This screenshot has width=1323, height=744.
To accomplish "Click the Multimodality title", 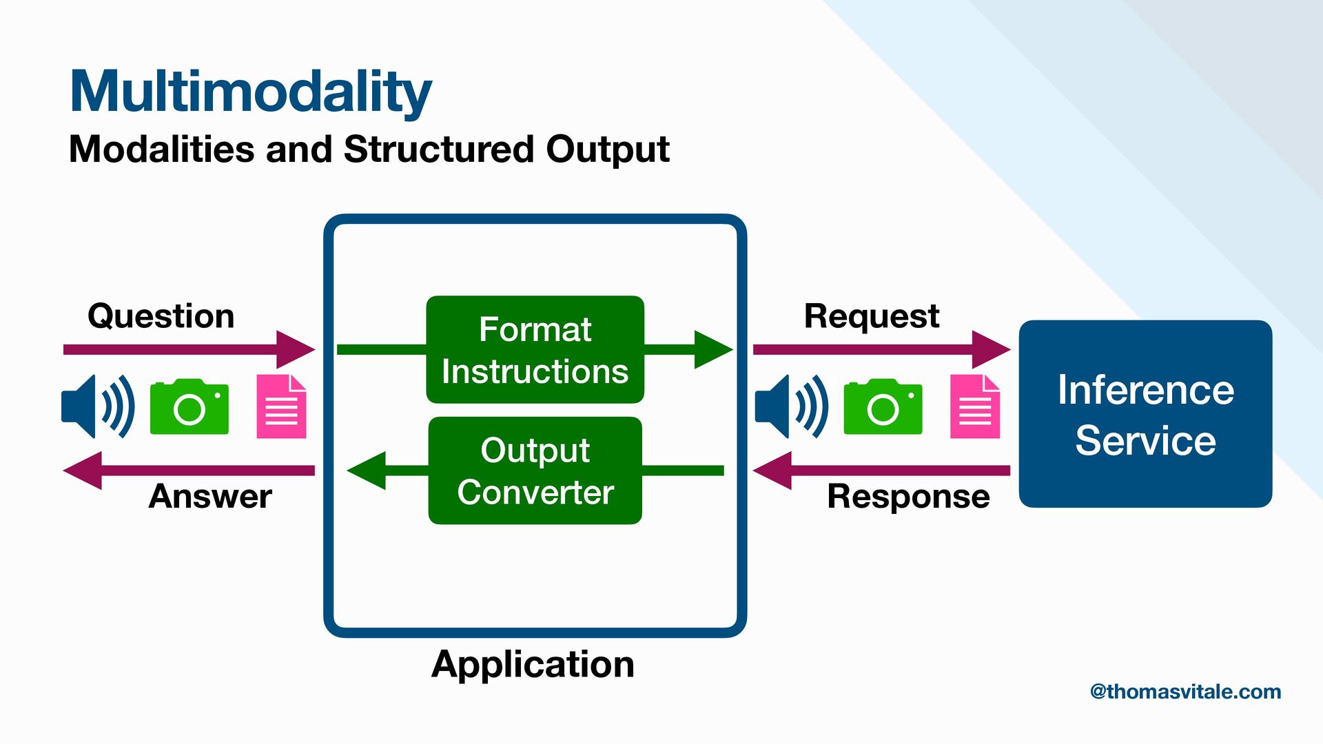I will tap(251, 92).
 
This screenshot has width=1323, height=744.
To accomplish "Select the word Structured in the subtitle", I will tap(439, 149).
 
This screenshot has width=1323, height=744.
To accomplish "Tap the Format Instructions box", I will tap(535, 350).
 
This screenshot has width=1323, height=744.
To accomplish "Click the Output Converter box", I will tap(535, 471).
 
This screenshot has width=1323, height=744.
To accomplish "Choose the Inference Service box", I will tap(1145, 414).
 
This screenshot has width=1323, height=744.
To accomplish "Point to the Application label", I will tap(533, 664).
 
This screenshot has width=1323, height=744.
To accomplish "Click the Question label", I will tap(161, 316).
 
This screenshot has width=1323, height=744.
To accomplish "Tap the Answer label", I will tap(210, 496).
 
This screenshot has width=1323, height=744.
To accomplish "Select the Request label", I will tap(872, 316).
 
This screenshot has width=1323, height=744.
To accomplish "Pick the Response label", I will tap(908, 496).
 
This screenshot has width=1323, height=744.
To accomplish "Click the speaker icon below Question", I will tap(97, 406).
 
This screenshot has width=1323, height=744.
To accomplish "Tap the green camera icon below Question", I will tap(189, 406).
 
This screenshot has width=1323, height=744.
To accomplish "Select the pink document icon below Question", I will tap(281, 406).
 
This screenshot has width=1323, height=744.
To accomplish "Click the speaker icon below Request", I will tap(791, 406).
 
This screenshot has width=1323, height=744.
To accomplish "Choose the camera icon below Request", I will tap(883, 406).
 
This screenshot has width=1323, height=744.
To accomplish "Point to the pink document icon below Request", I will tap(975, 406).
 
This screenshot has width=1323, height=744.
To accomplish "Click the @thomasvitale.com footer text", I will tap(1185, 692).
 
